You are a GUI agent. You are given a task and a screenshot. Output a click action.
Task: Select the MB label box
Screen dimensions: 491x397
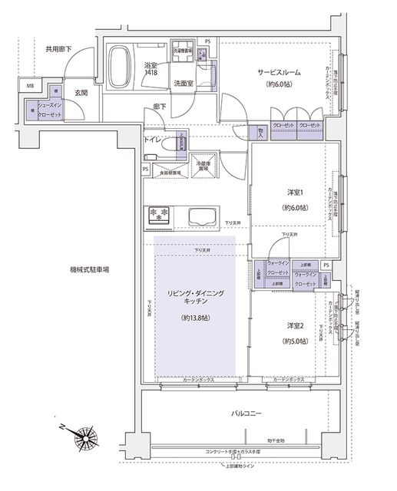coord(31,86)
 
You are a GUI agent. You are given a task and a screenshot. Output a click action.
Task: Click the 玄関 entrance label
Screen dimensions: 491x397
coord(81,93)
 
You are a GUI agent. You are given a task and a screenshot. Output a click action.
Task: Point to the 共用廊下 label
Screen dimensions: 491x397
coord(58,49)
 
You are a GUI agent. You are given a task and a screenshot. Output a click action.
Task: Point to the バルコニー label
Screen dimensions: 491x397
coord(247,414)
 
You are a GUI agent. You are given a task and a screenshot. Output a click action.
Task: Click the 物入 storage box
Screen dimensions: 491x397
coord(261,132)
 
